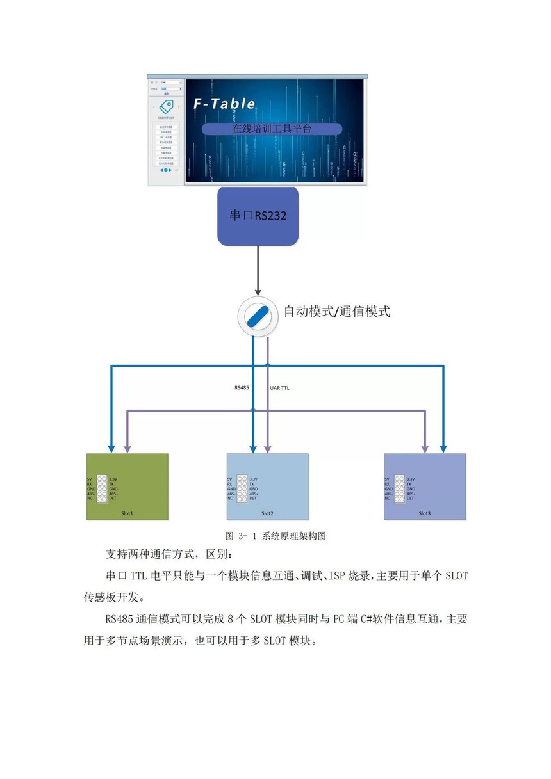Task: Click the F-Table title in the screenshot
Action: point(225,104)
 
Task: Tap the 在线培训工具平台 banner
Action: point(272,129)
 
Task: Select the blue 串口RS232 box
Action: point(258,216)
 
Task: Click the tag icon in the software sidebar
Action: point(167,107)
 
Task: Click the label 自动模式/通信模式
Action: point(337,312)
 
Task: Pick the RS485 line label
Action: point(242,387)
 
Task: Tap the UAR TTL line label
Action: point(281,387)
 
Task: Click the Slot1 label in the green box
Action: point(127,513)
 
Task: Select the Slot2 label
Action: point(268,513)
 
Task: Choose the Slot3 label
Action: point(425,513)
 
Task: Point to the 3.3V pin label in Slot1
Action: point(114,479)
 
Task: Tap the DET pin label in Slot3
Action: point(410,498)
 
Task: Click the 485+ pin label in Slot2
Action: point(254,494)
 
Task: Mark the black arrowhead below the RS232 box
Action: point(258,293)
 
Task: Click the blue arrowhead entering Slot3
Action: point(443,449)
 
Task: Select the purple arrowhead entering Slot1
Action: point(127,449)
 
